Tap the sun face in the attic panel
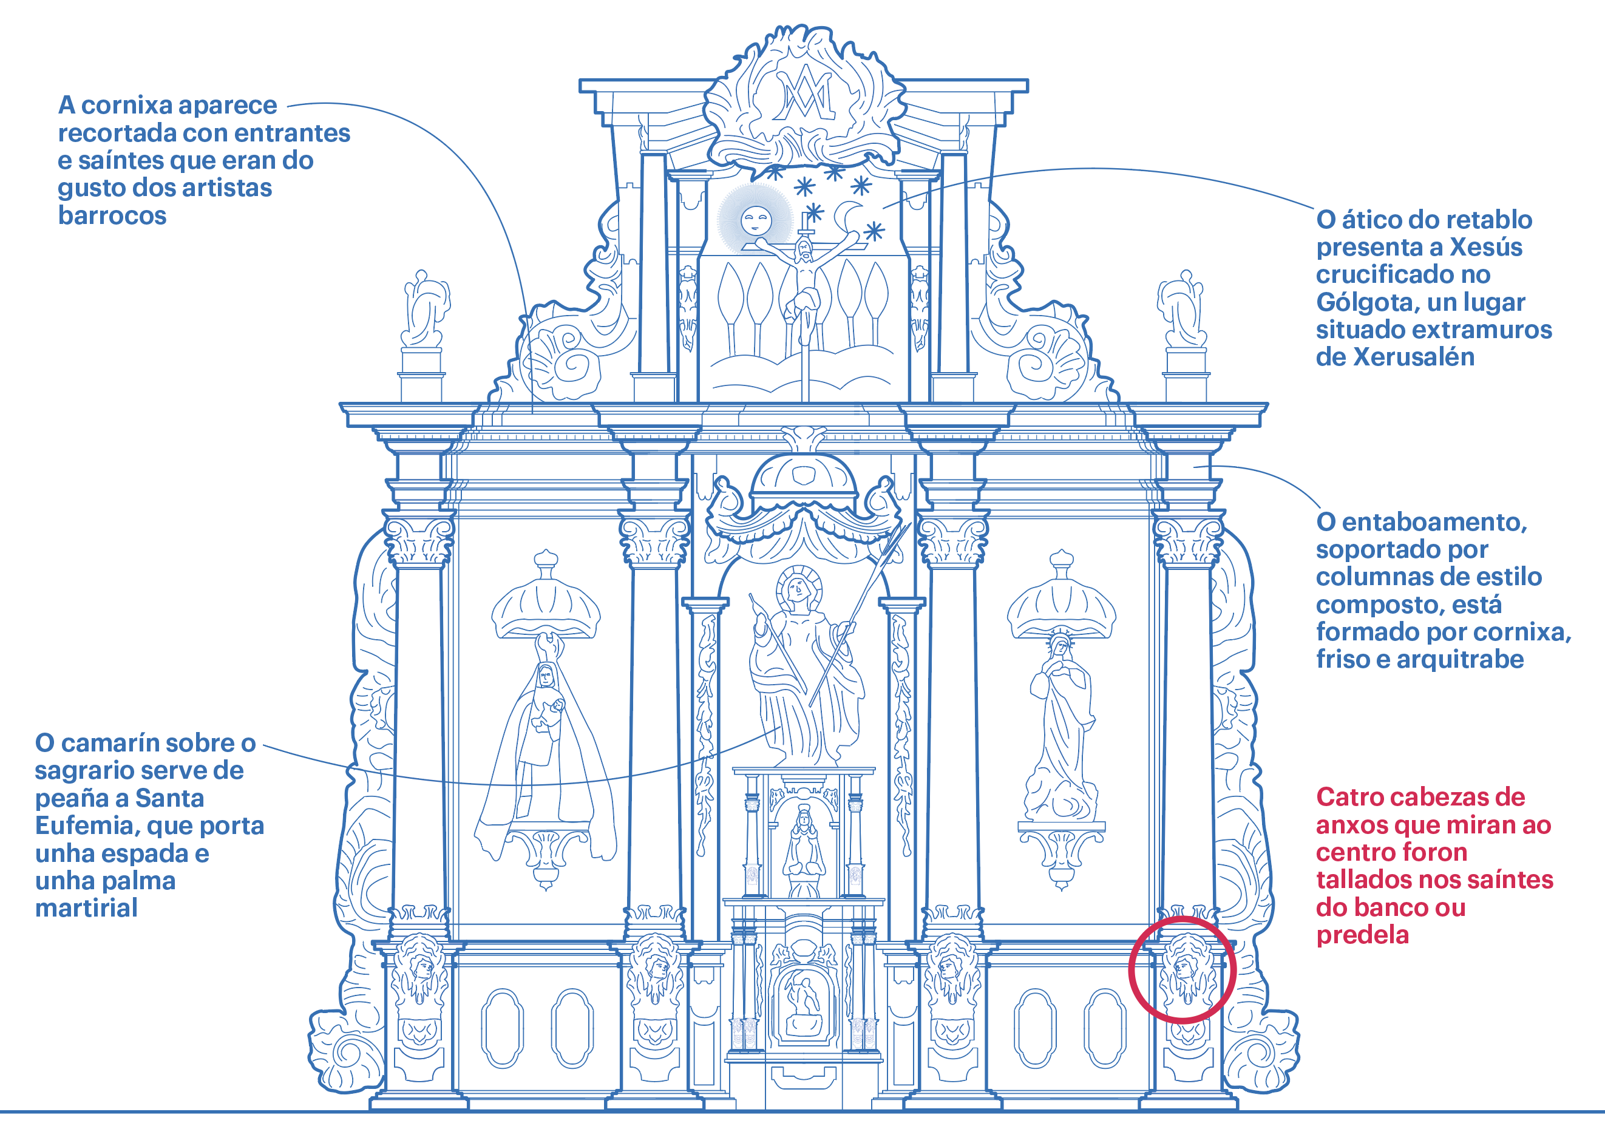click(755, 220)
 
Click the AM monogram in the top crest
click(803, 95)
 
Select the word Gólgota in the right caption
click(1359, 303)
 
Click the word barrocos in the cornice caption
click(112, 216)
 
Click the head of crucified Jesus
click(804, 249)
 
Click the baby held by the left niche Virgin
click(558, 706)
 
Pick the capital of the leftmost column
click(419, 541)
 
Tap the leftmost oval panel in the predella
click(503, 1028)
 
